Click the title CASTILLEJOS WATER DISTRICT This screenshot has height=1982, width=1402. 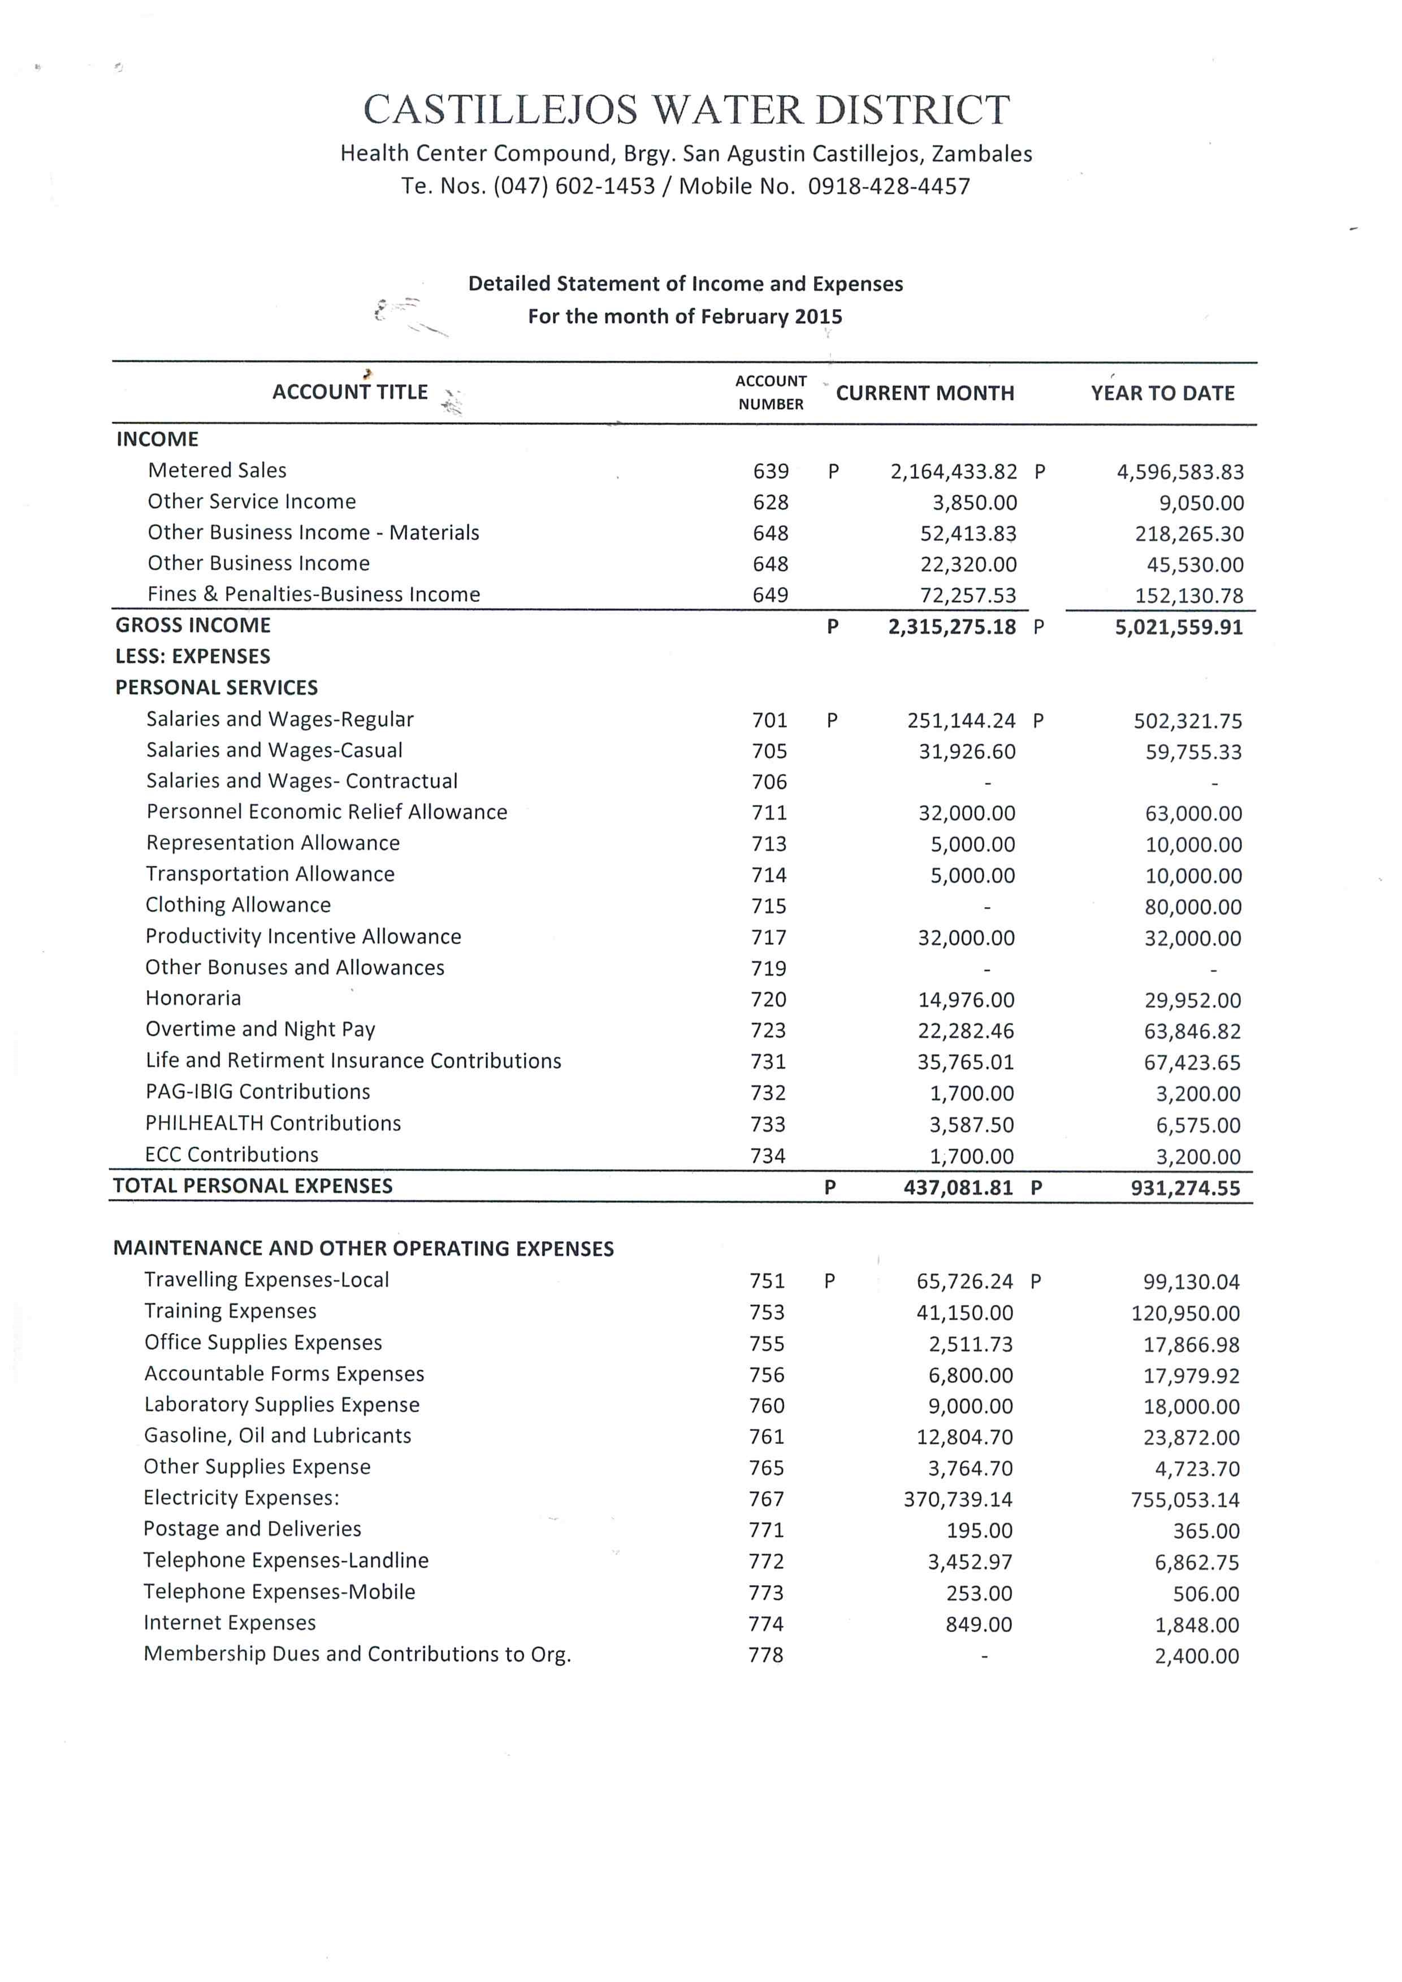(686, 110)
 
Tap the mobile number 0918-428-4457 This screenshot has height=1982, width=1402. (889, 187)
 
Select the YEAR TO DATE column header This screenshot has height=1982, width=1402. (1162, 394)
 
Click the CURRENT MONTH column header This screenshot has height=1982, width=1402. (925, 394)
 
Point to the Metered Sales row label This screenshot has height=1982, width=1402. (217, 470)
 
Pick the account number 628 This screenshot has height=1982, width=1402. (770, 502)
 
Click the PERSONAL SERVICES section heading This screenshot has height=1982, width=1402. (217, 688)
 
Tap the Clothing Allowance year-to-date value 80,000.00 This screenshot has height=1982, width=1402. (1193, 907)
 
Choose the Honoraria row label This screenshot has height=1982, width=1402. (193, 999)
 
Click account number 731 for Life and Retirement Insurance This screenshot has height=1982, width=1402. (768, 1062)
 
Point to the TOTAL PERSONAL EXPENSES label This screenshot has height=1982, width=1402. (253, 1186)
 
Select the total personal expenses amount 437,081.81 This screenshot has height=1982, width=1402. (958, 1188)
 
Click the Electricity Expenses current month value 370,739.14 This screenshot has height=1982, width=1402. (958, 1499)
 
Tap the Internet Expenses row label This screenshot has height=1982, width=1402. (230, 1623)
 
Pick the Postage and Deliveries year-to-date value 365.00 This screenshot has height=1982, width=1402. (1205, 1532)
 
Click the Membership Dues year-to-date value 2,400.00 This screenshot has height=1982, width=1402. (1197, 1656)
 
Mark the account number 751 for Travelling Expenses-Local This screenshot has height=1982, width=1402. (767, 1281)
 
